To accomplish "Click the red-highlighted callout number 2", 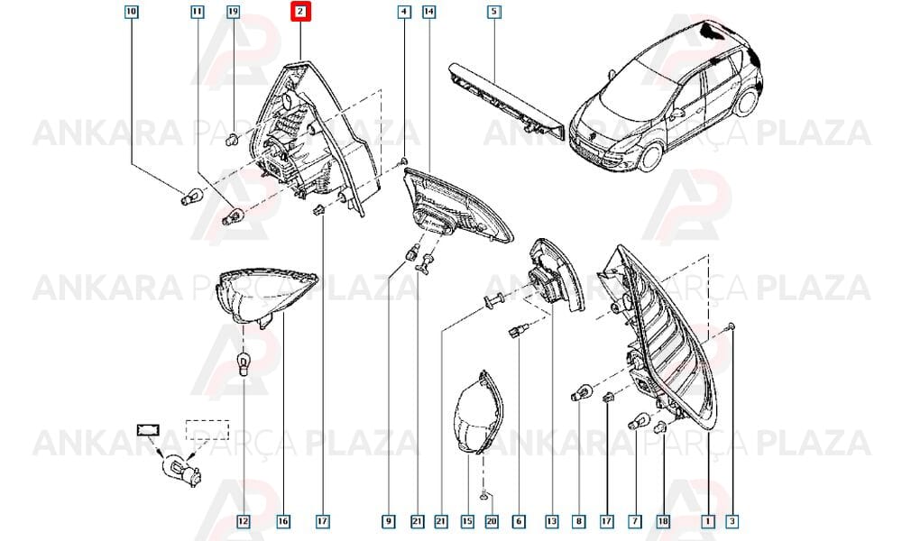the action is point(300,12).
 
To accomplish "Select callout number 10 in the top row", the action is point(132,12).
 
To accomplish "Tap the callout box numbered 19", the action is point(233,12).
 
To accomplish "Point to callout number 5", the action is point(493,12).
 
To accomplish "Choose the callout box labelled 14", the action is point(428,12).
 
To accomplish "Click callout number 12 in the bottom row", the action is point(244,521).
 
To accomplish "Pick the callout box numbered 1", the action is point(709,521).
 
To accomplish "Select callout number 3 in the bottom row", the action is point(732,521).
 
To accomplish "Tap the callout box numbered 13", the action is point(552,521).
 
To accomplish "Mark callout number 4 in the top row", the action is point(404,12).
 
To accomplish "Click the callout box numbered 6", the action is point(519,521).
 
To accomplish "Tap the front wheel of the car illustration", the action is point(652,156).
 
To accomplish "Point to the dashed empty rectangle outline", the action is point(207,430).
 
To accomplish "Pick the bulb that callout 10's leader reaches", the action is point(189,197).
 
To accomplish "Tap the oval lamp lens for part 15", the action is point(477,413).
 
